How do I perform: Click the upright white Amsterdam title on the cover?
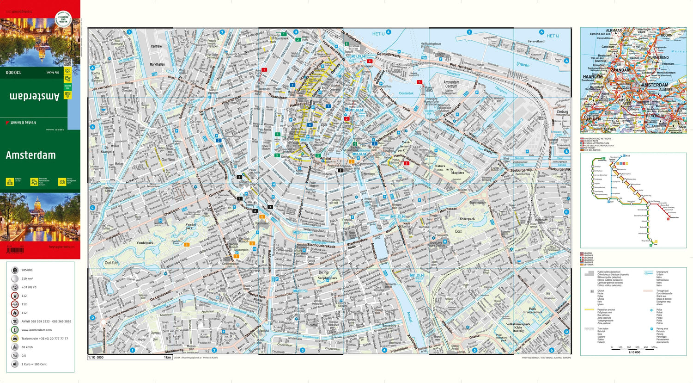click(30, 155)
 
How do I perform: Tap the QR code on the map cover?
click(67, 62)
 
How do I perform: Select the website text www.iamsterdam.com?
click(36, 330)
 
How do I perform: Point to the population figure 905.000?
click(27, 270)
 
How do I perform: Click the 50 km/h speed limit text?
click(27, 347)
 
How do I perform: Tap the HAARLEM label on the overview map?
click(592, 77)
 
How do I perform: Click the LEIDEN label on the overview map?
click(593, 119)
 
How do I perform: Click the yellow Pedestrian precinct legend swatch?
click(589, 309)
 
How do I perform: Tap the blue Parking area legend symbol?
click(651, 329)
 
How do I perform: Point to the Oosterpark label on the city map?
click(467, 219)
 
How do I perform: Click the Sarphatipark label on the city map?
click(328, 278)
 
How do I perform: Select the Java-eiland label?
click(536, 41)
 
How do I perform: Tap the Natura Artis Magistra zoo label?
click(446, 169)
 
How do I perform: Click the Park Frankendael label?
click(532, 310)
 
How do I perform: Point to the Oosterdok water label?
click(406, 93)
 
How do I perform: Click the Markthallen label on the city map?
click(157, 65)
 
